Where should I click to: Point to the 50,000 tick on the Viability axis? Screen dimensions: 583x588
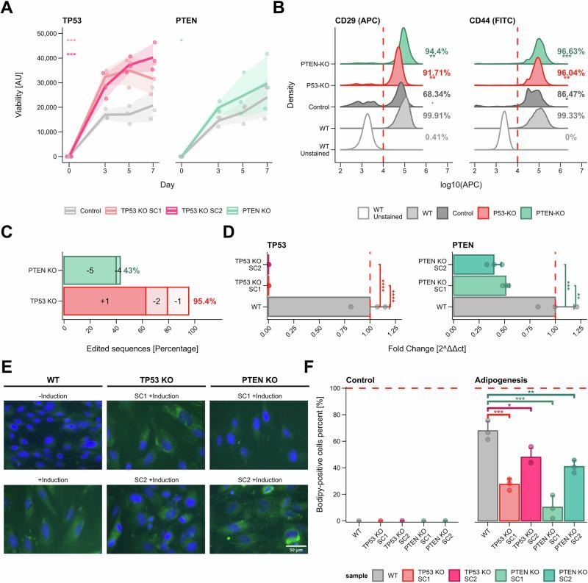click(46, 33)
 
